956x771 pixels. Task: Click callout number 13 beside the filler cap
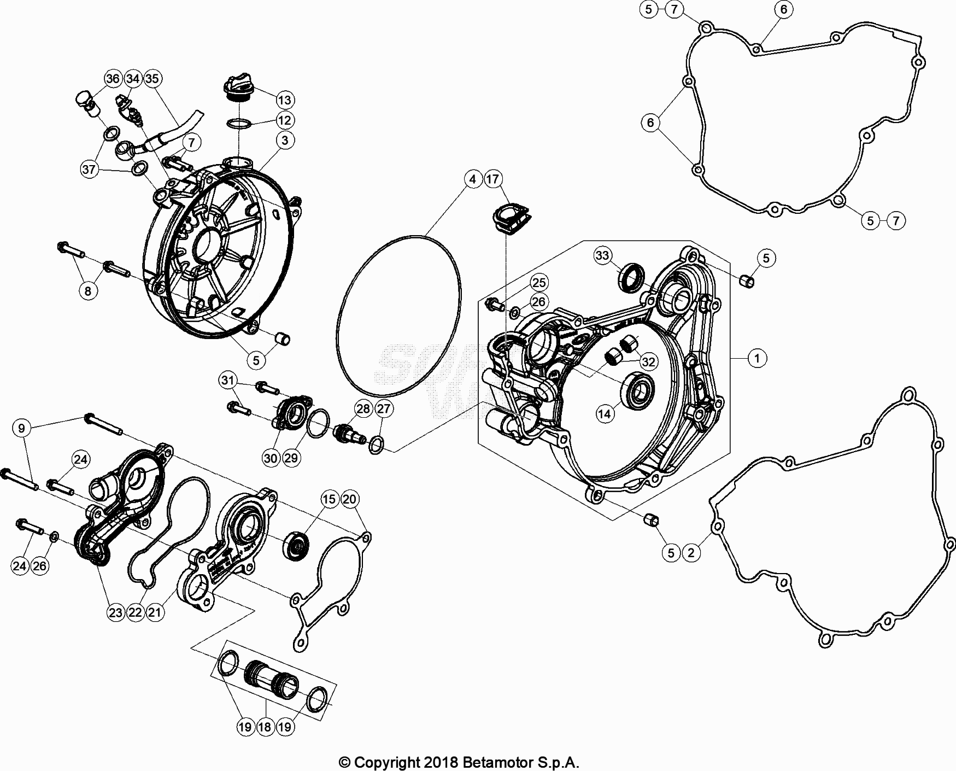click(285, 100)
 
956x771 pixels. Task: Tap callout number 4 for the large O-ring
click(473, 179)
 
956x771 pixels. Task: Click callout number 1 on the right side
click(757, 358)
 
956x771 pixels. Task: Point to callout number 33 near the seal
click(603, 255)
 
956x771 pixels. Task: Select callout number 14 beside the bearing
click(605, 414)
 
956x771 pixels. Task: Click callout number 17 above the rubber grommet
click(492, 179)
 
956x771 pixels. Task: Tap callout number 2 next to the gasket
click(691, 552)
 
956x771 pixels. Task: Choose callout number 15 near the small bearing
click(329, 499)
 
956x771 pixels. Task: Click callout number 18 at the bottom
click(265, 727)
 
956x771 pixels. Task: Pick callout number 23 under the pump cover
click(116, 612)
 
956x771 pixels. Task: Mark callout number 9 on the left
click(22, 428)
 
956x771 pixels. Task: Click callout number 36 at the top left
click(113, 79)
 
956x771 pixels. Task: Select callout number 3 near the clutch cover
click(285, 141)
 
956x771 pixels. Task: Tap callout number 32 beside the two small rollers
click(649, 361)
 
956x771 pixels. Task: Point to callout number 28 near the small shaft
click(363, 409)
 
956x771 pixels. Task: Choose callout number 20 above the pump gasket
click(349, 499)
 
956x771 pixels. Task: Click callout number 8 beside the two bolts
click(89, 291)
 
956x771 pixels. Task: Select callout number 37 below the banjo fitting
click(90, 170)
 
